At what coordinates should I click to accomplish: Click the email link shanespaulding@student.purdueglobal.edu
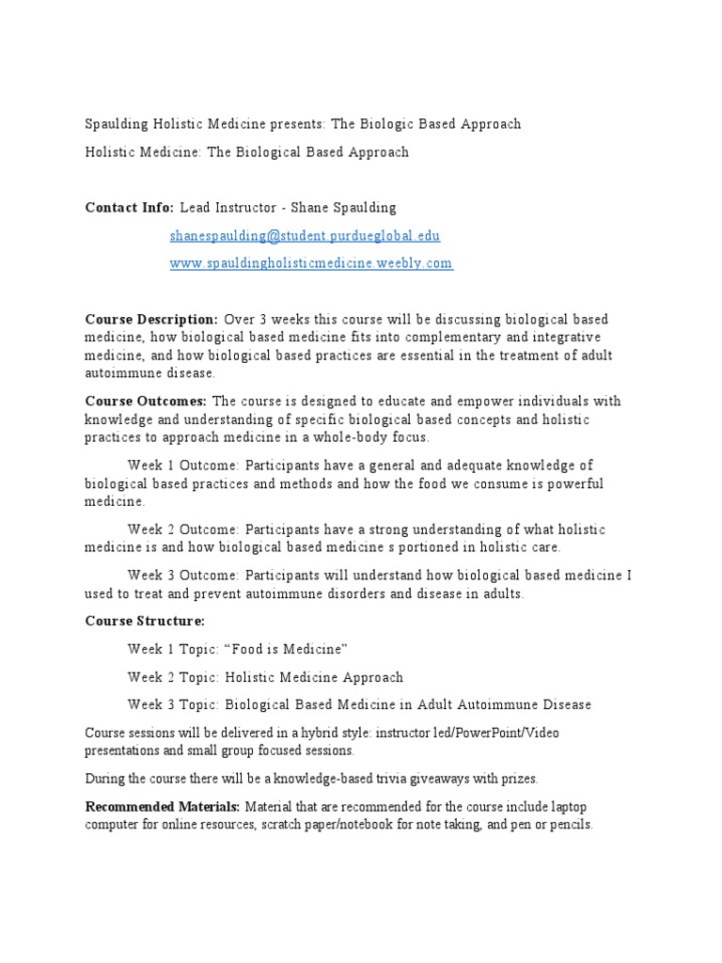305,236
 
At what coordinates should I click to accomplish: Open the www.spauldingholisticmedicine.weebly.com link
311,264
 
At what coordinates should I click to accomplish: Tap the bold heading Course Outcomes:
147,402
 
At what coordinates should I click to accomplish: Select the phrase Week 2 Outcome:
184,529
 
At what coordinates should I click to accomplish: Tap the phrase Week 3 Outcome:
184,576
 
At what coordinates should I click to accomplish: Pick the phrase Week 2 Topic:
175,677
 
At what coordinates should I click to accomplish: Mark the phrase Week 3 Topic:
175,704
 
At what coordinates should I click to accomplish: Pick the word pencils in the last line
571,825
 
